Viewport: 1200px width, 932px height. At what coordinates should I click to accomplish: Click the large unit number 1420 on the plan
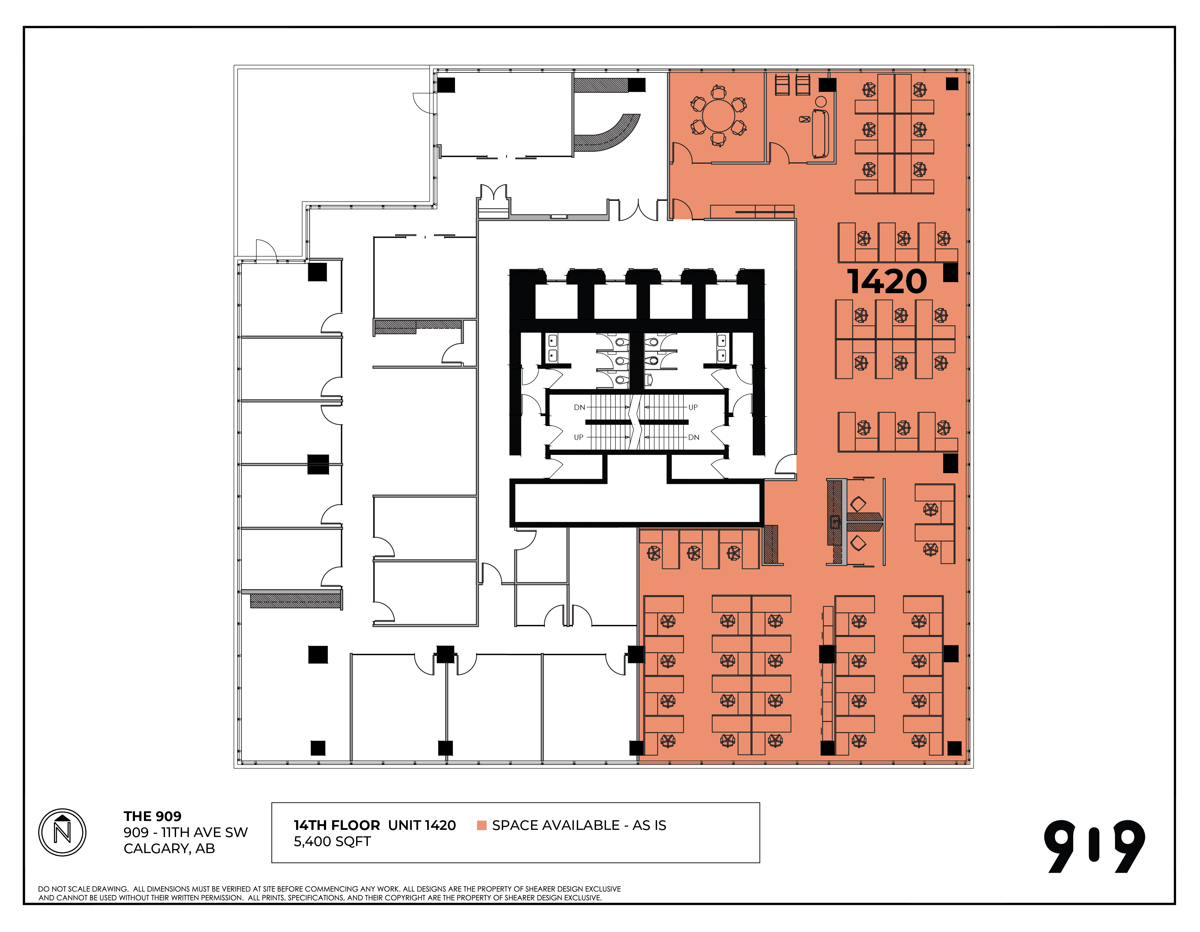pyautogui.click(x=887, y=281)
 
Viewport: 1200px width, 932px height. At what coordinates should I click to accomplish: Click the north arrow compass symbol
pyautogui.click(x=62, y=832)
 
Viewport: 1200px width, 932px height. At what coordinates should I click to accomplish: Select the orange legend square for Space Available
pyautogui.click(x=482, y=825)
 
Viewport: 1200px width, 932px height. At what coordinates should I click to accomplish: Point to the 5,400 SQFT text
pyautogui.click(x=332, y=841)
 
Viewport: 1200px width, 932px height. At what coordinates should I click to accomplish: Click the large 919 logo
pyautogui.click(x=1095, y=846)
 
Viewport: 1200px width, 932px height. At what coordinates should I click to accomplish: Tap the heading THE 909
pyautogui.click(x=152, y=816)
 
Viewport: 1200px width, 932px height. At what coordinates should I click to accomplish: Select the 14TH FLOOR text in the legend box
pyautogui.click(x=337, y=825)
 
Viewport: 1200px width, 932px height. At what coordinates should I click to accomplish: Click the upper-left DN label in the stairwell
pyautogui.click(x=579, y=407)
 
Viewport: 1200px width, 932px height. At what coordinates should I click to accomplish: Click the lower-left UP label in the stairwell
pyautogui.click(x=579, y=437)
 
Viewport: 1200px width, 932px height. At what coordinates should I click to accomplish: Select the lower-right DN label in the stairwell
pyautogui.click(x=694, y=437)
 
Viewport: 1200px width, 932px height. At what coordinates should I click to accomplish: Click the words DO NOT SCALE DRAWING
pyautogui.click(x=83, y=888)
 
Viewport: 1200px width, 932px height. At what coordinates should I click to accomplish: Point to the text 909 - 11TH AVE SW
pyautogui.click(x=186, y=832)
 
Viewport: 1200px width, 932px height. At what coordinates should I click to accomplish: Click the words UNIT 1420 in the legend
pyautogui.click(x=422, y=825)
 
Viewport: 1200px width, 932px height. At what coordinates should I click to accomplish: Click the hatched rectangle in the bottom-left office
pyautogui.click(x=296, y=601)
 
